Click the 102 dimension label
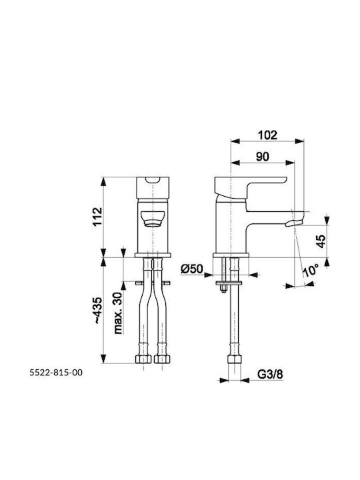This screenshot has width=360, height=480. [267, 135]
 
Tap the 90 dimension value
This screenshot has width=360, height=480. [263, 157]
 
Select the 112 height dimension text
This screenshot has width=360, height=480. [97, 217]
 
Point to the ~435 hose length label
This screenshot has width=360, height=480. [97, 311]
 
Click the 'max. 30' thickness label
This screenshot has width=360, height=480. [118, 313]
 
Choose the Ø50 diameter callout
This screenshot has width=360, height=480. [192, 269]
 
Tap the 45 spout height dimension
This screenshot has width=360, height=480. [321, 241]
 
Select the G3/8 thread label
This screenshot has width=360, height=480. [270, 374]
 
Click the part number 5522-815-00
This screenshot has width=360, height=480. [56, 373]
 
